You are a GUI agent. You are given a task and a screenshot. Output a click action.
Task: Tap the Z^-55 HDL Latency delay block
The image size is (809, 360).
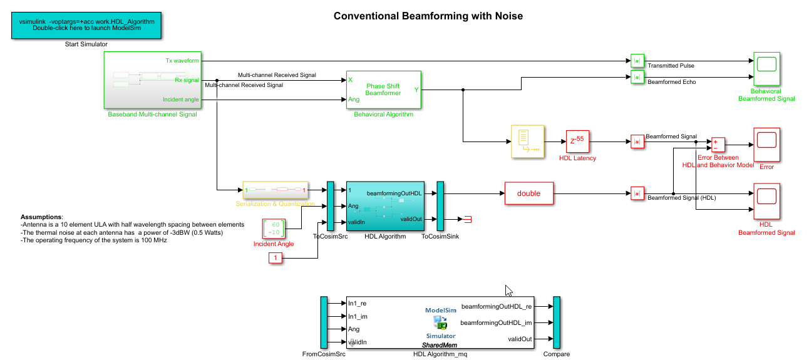(577, 141)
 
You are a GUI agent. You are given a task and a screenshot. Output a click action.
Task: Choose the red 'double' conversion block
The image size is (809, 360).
(528, 193)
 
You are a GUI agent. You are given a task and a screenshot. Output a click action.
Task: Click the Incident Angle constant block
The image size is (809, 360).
(273, 229)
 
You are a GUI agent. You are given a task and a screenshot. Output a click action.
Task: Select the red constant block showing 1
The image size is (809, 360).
(276, 258)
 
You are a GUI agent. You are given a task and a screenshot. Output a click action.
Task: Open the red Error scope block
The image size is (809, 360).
(766, 144)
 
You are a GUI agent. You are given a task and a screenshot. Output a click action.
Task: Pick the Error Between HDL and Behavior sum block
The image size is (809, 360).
(717, 145)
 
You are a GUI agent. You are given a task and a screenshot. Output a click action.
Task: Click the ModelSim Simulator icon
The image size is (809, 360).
(440, 322)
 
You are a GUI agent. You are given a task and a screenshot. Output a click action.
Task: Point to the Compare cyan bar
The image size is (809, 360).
(556, 322)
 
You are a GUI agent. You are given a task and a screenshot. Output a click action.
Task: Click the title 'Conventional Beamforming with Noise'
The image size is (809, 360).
(428, 16)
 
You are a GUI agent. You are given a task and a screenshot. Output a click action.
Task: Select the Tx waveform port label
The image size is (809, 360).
(182, 61)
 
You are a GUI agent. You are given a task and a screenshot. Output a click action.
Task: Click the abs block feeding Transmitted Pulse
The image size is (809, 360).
(637, 61)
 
